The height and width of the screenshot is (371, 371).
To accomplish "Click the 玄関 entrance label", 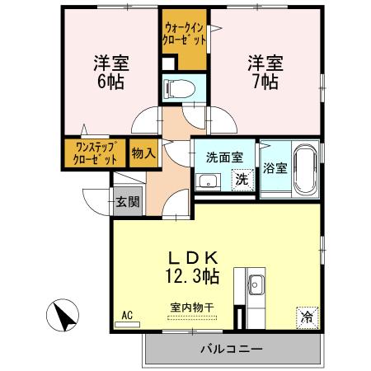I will point(126,200).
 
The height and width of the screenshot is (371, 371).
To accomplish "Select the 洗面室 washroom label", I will point(223,154).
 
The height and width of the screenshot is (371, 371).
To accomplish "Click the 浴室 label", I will point(275,169).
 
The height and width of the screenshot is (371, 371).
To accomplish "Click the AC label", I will point(127,315).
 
